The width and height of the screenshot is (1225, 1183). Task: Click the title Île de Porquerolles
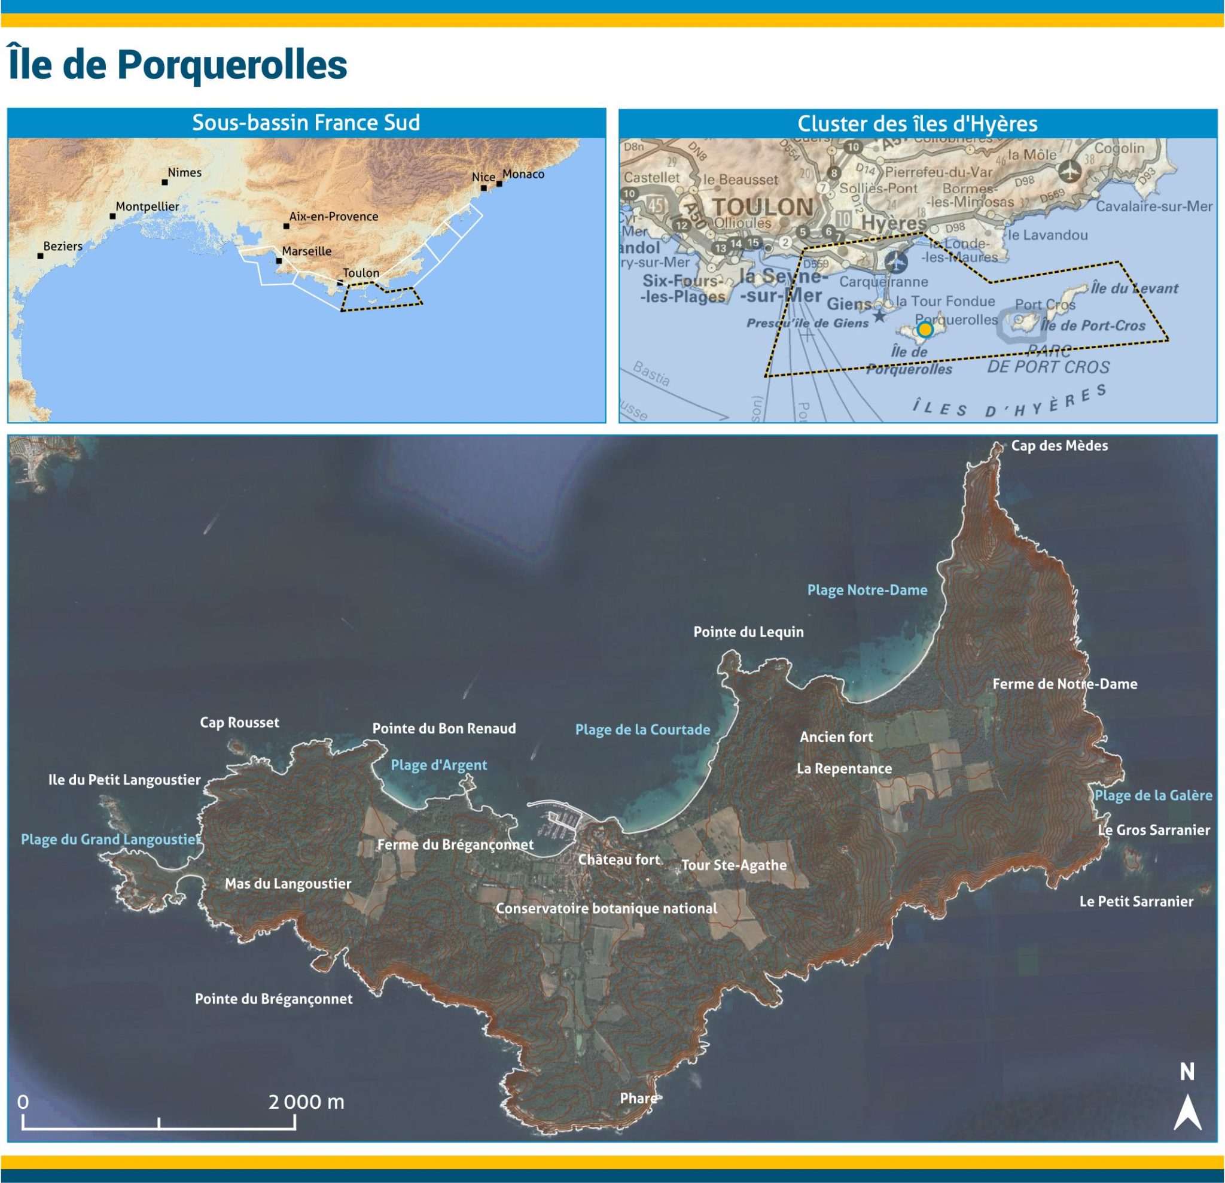pyautogui.click(x=178, y=65)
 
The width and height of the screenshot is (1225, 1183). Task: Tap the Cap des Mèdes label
pyautogui.click(x=1059, y=446)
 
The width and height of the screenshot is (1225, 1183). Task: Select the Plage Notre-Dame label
pyautogui.click(x=867, y=589)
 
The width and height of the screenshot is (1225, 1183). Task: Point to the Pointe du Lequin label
pyautogui.click(x=748, y=631)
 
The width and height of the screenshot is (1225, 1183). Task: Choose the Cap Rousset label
pyautogui.click(x=239, y=722)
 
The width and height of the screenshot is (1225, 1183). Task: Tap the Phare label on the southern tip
pyautogui.click(x=638, y=1098)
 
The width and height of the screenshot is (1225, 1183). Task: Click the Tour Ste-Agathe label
pyautogui.click(x=733, y=865)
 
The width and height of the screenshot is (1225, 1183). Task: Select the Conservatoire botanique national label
pyautogui.click(x=607, y=908)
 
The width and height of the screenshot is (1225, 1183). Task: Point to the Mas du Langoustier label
pyautogui.click(x=288, y=883)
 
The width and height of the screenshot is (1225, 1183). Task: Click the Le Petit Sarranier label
pyautogui.click(x=1136, y=901)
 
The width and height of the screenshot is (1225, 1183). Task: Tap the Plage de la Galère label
pyautogui.click(x=1153, y=795)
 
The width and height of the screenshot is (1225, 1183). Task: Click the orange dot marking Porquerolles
pyautogui.click(x=925, y=330)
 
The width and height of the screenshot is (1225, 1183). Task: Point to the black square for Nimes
pyautogui.click(x=165, y=183)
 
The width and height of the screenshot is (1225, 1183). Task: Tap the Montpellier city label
pyautogui.click(x=147, y=206)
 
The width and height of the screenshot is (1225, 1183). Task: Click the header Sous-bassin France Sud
pyautogui.click(x=306, y=123)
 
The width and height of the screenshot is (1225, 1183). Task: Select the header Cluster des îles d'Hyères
pyautogui.click(x=917, y=124)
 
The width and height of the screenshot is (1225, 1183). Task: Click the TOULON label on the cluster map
pyautogui.click(x=763, y=207)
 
